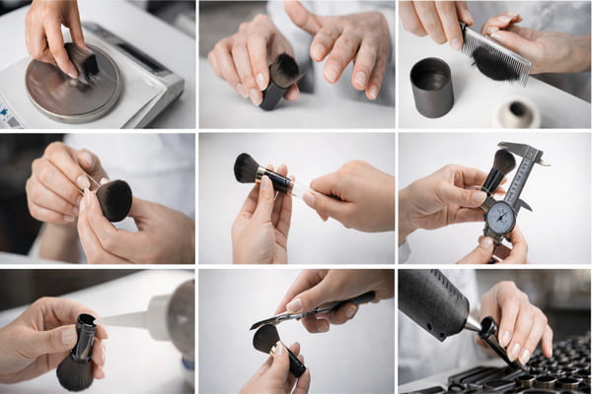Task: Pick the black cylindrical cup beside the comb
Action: click(430, 87)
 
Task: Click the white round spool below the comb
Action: click(517, 111)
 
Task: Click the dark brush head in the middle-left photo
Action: click(113, 200)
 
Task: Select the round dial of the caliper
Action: click(500, 218)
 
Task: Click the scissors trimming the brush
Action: click(296, 310)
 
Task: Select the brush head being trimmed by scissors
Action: click(266, 338)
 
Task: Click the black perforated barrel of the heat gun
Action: click(435, 301)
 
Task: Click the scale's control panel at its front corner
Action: click(13, 112)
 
